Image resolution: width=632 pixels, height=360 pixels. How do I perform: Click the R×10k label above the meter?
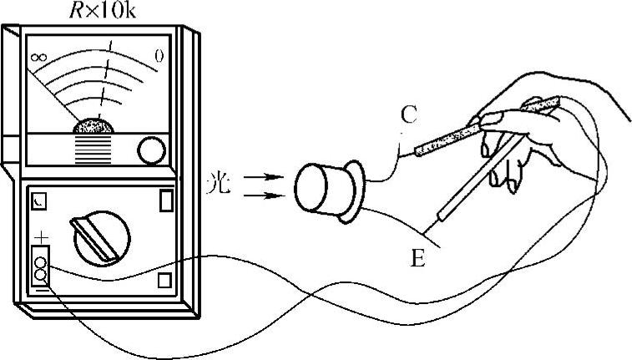[x=93, y=12]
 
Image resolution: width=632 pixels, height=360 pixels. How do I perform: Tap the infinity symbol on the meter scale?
[x=37, y=58]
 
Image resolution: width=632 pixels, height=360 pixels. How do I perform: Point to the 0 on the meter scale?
[x=159, y=56]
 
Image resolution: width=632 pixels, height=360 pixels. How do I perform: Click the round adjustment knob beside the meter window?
[x=152, y=151]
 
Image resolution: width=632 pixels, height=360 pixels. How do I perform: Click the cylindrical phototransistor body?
[x=321, y=190]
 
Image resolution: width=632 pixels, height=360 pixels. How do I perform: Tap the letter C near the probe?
[x=407, y=116]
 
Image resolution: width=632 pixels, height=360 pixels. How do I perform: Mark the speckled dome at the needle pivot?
[x=94, y=127]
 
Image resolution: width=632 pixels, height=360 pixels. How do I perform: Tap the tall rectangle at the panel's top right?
[x=165, y=200]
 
